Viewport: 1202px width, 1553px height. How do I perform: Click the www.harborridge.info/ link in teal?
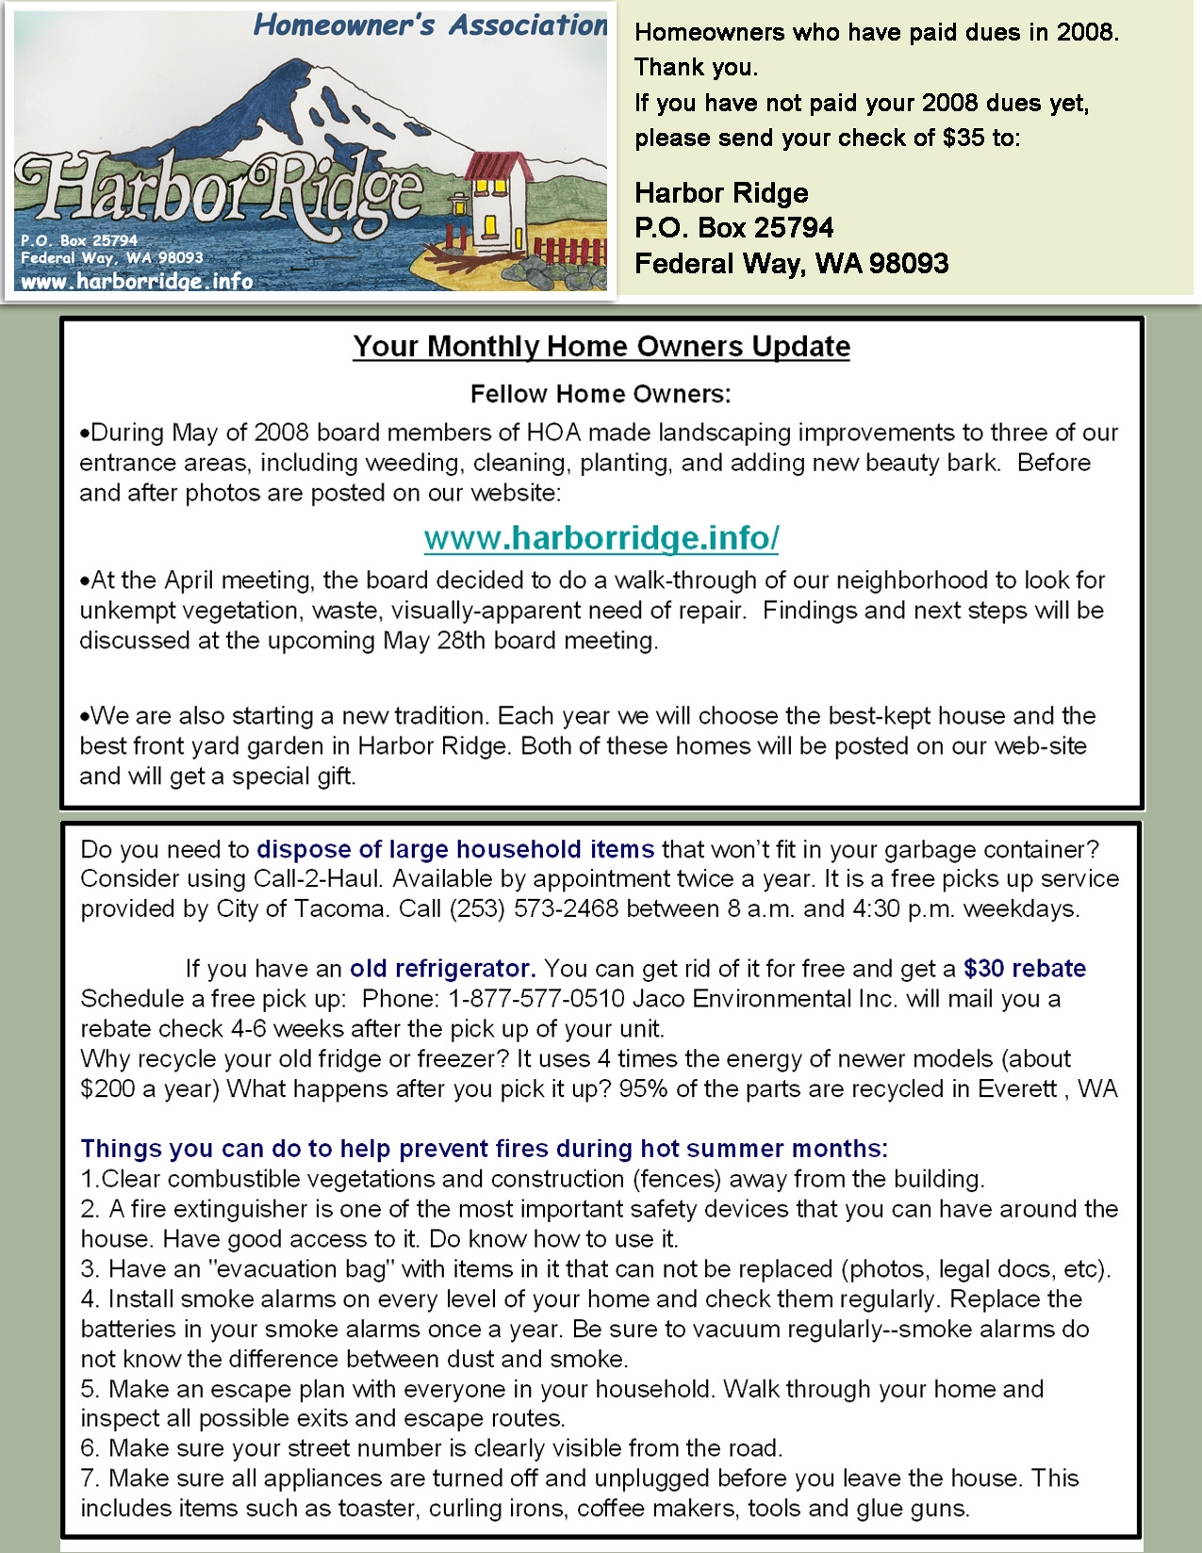point(601,538)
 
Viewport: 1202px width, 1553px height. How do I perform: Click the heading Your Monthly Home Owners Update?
point(601,347)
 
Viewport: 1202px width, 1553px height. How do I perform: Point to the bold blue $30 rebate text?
point(1025,969)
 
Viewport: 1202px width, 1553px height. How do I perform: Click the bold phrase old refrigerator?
point(442,969)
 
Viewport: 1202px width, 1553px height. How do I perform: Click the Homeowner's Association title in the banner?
point(431,25)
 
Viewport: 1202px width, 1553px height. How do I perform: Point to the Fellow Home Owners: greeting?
point(601,394)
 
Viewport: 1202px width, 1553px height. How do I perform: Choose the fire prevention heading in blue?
point(484,1149)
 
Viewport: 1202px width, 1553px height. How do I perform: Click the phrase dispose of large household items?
point(455,849)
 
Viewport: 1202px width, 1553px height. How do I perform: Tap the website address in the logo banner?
point(137,281)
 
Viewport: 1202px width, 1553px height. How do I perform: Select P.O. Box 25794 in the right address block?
point(733,228)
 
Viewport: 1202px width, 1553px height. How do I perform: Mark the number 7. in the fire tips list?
point(91,1479)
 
